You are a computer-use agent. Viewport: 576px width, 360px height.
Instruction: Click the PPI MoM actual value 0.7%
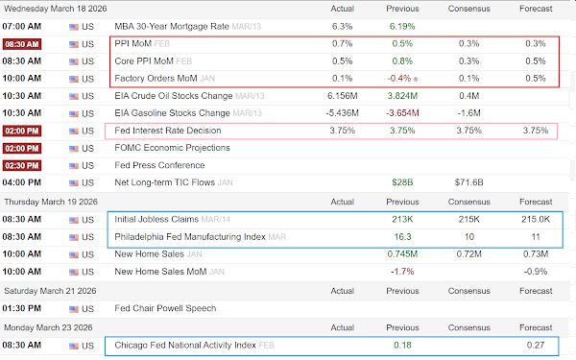342,44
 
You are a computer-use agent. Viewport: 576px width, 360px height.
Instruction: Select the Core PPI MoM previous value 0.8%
402,61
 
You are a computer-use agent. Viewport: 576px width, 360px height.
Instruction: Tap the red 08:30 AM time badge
22,44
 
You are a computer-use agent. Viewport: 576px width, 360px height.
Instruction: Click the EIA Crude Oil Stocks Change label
174,96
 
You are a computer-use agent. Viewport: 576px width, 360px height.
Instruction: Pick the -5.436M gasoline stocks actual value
342,113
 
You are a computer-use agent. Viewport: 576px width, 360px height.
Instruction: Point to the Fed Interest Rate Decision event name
168,131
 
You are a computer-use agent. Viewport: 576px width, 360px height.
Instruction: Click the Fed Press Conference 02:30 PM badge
22,165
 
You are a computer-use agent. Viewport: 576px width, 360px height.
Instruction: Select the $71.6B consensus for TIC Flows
468,182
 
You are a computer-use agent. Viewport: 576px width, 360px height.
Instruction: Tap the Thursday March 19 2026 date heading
51,202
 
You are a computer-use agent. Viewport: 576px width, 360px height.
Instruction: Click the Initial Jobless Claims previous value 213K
402,219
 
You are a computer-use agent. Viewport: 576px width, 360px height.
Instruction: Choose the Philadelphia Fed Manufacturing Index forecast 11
536,237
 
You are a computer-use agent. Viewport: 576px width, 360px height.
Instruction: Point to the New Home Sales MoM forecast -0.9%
536,272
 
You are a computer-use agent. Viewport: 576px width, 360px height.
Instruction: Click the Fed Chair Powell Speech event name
165,308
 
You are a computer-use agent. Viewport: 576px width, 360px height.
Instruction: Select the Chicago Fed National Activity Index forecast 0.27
536,345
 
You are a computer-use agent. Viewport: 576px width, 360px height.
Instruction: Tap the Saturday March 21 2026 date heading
50,291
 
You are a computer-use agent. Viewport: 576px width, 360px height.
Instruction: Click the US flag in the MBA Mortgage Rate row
74,27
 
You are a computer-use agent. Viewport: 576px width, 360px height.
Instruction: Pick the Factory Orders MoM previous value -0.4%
399,79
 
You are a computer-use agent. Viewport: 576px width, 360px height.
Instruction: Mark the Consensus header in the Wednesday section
468,9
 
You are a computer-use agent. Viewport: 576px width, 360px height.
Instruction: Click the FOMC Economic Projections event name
172,148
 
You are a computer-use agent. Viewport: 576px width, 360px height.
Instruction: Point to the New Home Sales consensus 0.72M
468,253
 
